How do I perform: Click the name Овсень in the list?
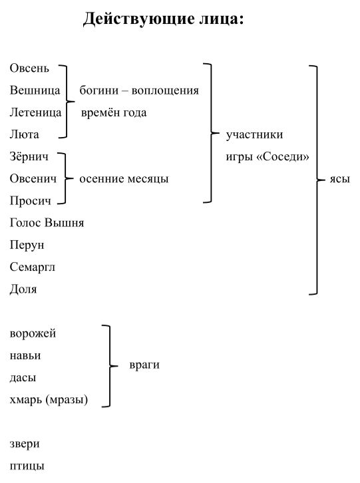[x=29, y=68]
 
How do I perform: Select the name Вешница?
[x=35, y=90]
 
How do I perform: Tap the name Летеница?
[x=35, y=112]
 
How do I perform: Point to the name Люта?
[x=25, y=134]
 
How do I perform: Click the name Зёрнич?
[x=29, y=156]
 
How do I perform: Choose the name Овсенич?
[x=33, y=178]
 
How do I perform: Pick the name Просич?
[x=30, y=201]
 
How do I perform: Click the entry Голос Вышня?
[x=47, y=223]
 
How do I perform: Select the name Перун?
[x=27, y=245]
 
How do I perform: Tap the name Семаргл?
[x=33, y=267]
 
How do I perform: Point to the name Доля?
[x=23, y=289]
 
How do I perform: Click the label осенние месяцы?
[x=124, y=179]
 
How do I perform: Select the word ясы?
[x=339, y=179]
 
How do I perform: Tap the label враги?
[x=144, y=365]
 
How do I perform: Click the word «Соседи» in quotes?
[x=283, y=157]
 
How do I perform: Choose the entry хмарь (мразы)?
[x=49, y=400]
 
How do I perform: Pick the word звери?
[x=25, y=444]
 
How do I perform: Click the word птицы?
[x=27, y=466]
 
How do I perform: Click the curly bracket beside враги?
[x=110, y=366]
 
